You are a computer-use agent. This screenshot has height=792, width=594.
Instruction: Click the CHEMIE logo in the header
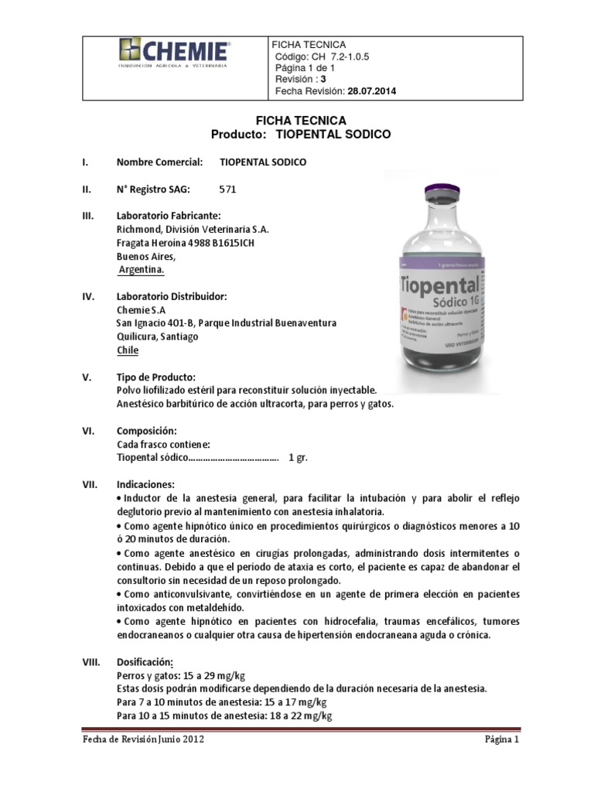coord(173,53)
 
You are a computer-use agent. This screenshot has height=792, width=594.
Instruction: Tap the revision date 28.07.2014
coord(371,91)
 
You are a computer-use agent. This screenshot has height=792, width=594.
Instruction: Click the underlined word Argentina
coord(141,271)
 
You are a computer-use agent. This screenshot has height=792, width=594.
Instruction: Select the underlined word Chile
coord(127,350)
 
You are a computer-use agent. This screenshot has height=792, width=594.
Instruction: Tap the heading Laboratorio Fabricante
coord(169,215)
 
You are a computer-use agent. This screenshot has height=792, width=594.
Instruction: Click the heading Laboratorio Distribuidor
coord(171,296)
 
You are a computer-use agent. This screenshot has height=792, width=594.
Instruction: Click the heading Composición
coord(147,430)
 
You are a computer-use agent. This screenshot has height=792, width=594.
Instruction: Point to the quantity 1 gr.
coord(298,458)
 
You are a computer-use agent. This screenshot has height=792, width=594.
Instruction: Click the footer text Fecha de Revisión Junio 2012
coord(144,739)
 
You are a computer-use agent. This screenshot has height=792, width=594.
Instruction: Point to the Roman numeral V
coord(87,377)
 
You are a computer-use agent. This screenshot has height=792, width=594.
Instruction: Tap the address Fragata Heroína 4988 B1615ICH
coord(185,243)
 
